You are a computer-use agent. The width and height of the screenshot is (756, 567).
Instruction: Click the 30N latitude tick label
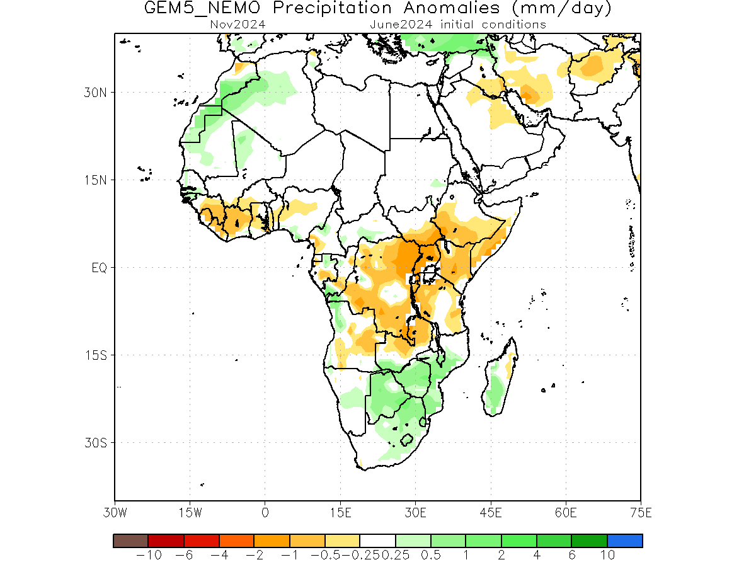pos(95,93)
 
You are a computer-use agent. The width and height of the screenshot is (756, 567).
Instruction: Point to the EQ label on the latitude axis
pos(99,268)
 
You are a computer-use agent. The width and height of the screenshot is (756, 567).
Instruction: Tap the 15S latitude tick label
pos(96,355)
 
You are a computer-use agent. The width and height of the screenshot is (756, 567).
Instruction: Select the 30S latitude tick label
pos(96,442)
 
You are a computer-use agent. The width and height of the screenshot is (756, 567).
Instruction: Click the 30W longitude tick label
pos(115,513)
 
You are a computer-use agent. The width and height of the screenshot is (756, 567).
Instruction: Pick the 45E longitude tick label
pos(491,513)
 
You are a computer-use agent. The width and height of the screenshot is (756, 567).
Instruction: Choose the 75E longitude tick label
pos(641,513)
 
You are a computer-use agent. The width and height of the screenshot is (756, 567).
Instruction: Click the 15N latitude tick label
pos(96,180)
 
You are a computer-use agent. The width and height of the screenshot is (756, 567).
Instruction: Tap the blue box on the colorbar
pos(625,541)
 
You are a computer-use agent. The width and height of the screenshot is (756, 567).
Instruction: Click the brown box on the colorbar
pos(131,541)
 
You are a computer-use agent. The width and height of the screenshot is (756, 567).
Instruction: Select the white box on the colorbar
pos(377,541)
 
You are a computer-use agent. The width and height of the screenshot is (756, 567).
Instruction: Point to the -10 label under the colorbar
pos(149,555)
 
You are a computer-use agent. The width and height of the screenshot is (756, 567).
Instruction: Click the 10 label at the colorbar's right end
pos(607,555)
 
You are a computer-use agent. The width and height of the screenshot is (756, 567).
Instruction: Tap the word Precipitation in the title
pos(332,9)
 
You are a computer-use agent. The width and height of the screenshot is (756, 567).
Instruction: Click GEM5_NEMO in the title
pos(202,8)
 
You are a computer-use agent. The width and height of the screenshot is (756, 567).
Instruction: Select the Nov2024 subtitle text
pos(238,25)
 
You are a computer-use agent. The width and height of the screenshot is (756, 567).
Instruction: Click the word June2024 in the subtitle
pos(401,25)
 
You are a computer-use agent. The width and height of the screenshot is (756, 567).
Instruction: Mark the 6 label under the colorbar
pos(572,555)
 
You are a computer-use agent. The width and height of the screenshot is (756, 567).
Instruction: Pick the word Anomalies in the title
pos(452,8)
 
